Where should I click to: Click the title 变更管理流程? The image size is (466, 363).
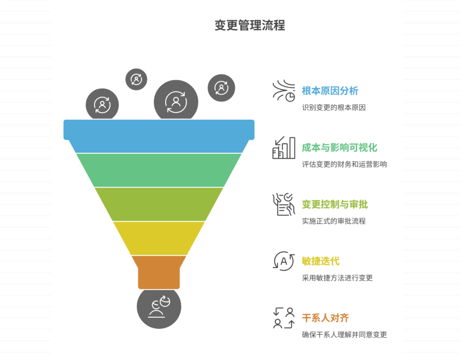tap(250, 26)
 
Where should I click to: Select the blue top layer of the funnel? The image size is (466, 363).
tap(159, 136)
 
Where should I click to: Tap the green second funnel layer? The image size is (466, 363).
tap(159, 169)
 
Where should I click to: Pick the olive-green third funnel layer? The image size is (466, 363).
tap(159, 204)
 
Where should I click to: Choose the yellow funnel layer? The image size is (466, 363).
tap(159, 238)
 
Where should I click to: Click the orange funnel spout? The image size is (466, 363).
tap(159, 272)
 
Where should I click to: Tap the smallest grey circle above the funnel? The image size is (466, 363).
tap(136, 79)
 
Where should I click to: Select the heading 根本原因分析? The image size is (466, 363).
tap(330, 91)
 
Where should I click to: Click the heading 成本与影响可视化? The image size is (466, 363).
tap(339, 148)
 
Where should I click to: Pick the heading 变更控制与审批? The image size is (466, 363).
tap(334, 205)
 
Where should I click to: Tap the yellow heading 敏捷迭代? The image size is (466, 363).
tap(320, 261)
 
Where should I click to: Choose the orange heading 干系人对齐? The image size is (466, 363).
tap(325, 318)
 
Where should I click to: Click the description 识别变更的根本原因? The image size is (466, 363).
tap(334, 108)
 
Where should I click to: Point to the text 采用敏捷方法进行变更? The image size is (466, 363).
tap(337, 278)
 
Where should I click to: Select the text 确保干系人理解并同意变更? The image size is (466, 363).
tap(344, 335)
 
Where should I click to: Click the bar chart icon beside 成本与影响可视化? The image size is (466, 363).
tap(284, 148)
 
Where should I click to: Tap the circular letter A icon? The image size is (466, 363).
tap(284, 261)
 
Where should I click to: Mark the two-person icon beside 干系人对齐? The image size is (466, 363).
tap(284, 318)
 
